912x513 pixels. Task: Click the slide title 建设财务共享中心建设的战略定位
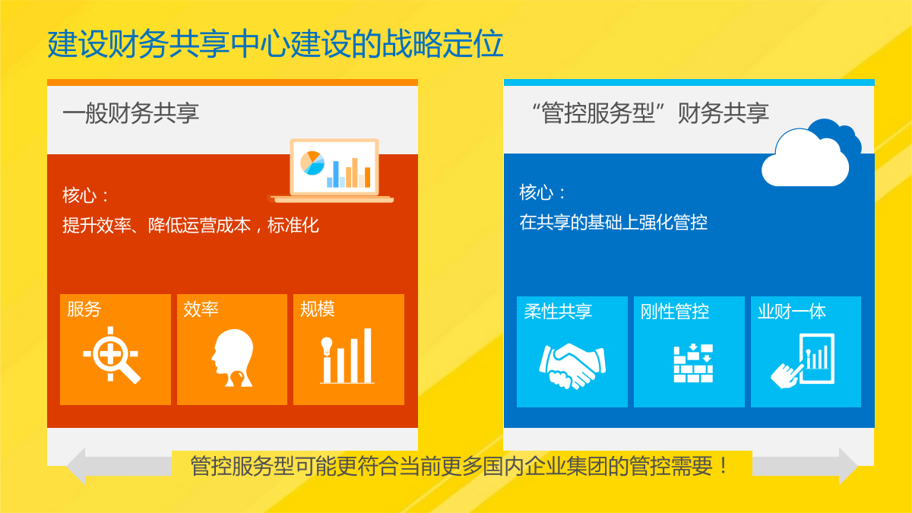click(275, 43)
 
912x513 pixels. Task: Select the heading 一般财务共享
click(131, 112)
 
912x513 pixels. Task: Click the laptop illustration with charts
click(331, 170)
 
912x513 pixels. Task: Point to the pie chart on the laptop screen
click(312, 163)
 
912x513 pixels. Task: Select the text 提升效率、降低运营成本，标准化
click(191, 225)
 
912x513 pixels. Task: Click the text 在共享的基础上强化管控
click(613, 222)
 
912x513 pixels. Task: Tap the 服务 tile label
click(84, 309)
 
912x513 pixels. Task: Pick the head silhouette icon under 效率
click(233, 357)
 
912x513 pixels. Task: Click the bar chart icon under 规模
click(347, 356)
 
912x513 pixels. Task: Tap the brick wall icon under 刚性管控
click(693, 363)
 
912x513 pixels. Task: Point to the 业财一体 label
click(791, 312)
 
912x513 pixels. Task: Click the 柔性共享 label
click(558, 312)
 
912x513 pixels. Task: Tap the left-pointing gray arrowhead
click(76, 466)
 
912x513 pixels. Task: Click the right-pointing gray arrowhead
click(848, 466)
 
